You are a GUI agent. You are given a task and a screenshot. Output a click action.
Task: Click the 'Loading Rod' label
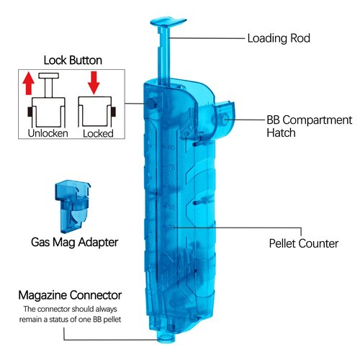coord(279,38)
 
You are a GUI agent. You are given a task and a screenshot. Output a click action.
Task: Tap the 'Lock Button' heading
coord(73,60)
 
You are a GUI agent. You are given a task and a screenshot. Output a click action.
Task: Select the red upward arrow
coord(28,84)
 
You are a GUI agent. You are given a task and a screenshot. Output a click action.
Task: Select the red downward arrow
coord(94,83)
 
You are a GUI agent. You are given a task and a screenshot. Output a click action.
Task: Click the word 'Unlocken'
coord(48,133)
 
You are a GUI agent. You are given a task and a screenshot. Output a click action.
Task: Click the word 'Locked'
coord(98,134)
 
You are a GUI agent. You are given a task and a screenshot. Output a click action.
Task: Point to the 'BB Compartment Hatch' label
coord(309,126)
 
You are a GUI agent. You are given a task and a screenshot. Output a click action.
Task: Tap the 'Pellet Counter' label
coord(304,243)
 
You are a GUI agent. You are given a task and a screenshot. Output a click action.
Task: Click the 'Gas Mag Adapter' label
coord(74,243)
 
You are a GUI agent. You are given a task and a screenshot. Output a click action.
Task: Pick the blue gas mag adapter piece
coord(73,207)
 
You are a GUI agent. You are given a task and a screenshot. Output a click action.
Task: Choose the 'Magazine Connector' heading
coord(70,295)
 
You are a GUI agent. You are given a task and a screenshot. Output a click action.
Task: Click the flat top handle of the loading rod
coord(168,22)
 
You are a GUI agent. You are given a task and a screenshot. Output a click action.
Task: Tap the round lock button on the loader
coord(152,104)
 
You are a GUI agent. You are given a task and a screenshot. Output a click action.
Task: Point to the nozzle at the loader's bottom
coord(166,336)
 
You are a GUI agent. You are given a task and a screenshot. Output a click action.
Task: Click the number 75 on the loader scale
coord(171,168)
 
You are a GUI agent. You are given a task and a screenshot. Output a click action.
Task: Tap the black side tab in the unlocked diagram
coord(30,112)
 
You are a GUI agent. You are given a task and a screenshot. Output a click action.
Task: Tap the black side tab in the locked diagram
coord(114,112)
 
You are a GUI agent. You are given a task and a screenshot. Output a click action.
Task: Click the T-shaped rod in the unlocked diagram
coord(49,85)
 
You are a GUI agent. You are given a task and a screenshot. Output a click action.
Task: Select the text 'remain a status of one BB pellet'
coord(70,320)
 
